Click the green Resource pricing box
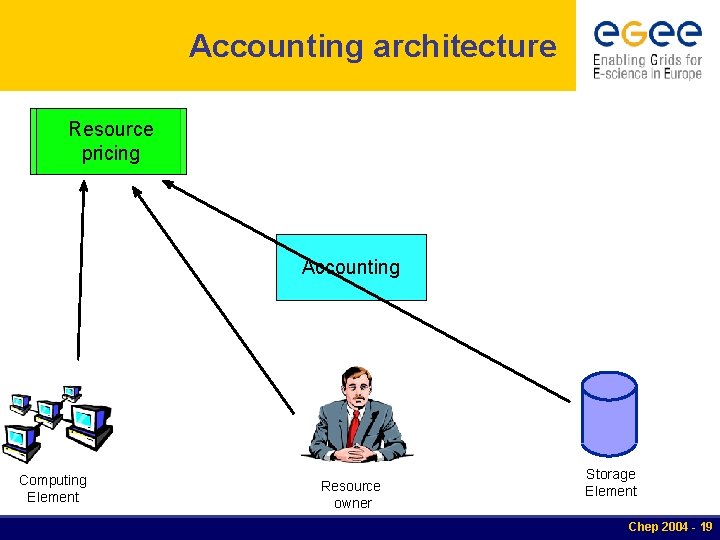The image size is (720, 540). pyautogui.click(x=108, y=141)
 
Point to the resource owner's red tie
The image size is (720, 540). pyautogui.click(x=354, y=425)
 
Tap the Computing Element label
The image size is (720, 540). pyautogui.click(x=53, y=488)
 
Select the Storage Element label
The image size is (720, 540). pyautogui.click(x=610, y=482)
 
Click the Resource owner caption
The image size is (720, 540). pyautogui.click(x=351, y=494)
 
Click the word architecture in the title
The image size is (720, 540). pyautogui.click(x=464, y=46)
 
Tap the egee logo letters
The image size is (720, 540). pyautogui.click(x=647, y=34)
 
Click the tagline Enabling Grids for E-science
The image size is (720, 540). pyautogui.click(x=647, y=67)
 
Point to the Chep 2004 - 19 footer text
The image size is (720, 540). pyautogui.click(x=669, y=527)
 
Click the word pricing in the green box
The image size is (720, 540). pyautogui.click(x=111, y=154)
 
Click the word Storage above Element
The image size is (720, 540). pyautogui.click(x=610, y=474)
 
